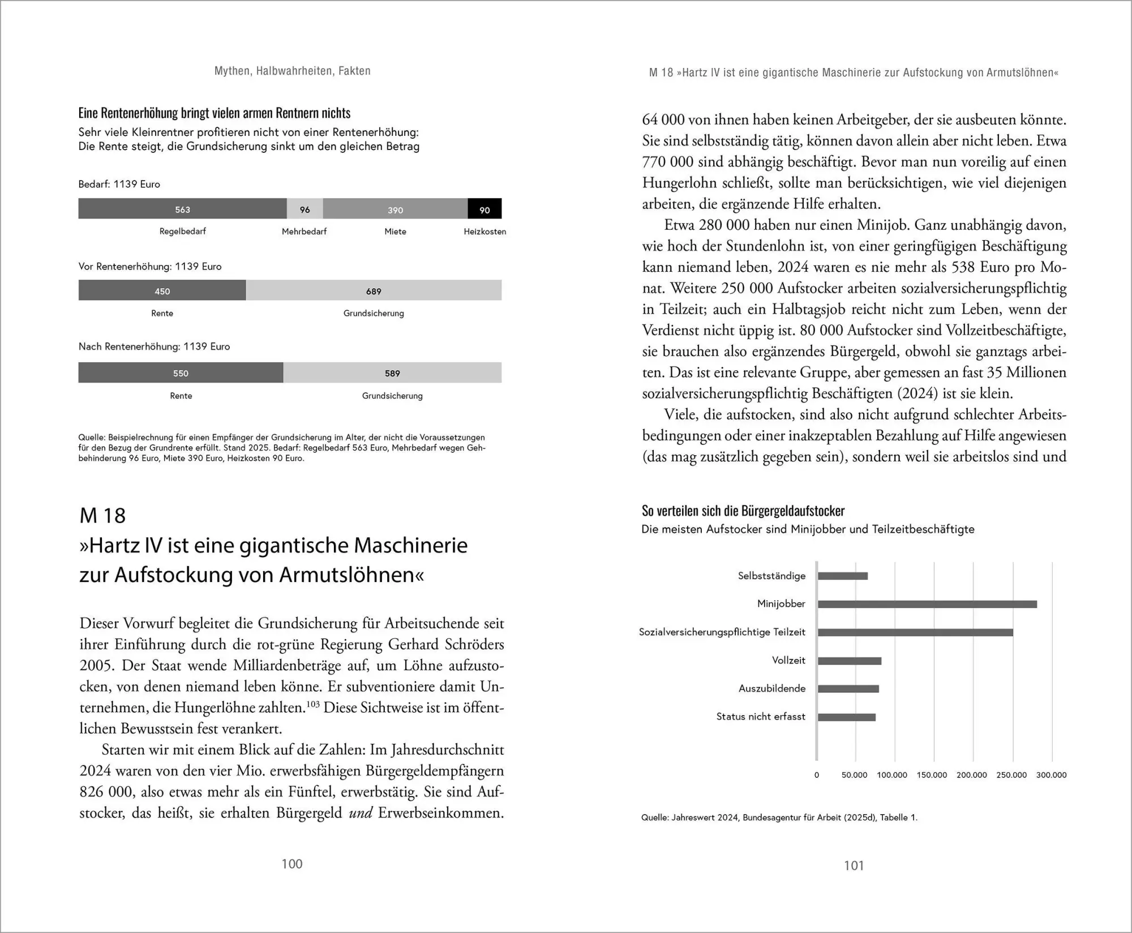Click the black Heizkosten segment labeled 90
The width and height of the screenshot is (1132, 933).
(484, 209)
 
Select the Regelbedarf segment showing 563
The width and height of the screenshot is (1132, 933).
(182, 209)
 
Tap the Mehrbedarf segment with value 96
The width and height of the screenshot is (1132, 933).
(305, 209)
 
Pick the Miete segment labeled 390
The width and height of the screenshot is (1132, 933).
(395, 209)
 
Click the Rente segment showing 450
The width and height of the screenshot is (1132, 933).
(162, 290)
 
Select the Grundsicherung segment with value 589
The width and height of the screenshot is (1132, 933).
(392, 373)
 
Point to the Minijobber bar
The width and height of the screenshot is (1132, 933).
(927, 604)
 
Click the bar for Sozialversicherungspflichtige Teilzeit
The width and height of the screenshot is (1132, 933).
(915, 632)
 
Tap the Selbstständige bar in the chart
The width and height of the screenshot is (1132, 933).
(842, 576)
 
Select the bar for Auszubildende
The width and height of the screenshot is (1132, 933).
(848, 689)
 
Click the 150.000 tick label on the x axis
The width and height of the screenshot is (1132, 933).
(932, 775)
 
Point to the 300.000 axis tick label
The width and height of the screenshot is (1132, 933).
(1051, 775)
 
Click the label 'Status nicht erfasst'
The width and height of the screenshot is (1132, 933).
(760, 717)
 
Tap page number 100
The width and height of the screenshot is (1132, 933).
(292, 864)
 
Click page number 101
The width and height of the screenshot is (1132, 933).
(854, 866)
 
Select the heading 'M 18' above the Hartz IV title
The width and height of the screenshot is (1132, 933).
(102, 515)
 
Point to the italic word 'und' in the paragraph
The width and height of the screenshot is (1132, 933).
(361, 813)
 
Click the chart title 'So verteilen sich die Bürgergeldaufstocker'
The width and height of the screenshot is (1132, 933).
(743, 511)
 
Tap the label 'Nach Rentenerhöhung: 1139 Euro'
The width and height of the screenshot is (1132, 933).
(154, 346)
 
